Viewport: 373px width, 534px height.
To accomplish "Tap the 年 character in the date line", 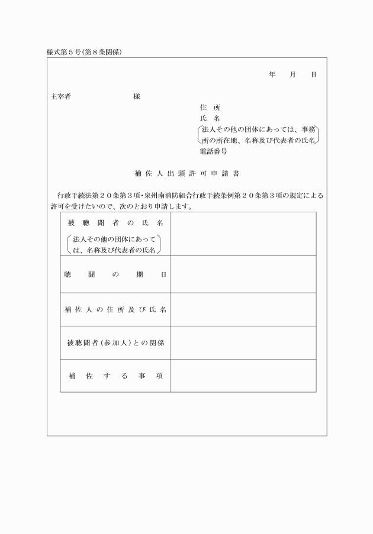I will [272, 75].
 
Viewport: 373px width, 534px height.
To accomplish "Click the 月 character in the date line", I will [292, 75].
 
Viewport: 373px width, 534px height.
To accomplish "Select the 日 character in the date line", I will [313, 75].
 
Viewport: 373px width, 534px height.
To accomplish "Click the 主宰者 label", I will [61, 96].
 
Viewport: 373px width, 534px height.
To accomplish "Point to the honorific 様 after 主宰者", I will [137, 96].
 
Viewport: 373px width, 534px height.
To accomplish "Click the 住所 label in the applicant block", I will [210, 108].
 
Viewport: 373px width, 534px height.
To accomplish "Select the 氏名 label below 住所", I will [210, 118].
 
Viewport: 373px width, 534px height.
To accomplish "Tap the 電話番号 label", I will [213, 151].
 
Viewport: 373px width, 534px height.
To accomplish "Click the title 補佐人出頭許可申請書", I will [186, 174].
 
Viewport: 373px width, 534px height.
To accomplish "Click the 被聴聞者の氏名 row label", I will [115, 222].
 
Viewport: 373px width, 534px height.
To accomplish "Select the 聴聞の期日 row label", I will [115, 275].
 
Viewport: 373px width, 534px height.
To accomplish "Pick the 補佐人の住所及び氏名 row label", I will [115, 309].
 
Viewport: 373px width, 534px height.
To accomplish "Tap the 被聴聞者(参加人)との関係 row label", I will [115, 342].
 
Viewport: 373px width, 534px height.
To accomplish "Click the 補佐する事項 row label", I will [115, 376].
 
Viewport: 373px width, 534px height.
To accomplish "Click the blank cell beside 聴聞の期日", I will [243, 275].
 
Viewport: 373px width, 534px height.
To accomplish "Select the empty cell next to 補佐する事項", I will [243, 376].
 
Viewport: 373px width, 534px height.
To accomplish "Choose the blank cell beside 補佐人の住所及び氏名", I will [243, 309].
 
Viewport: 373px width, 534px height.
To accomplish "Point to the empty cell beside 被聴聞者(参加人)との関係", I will [243, 342].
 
